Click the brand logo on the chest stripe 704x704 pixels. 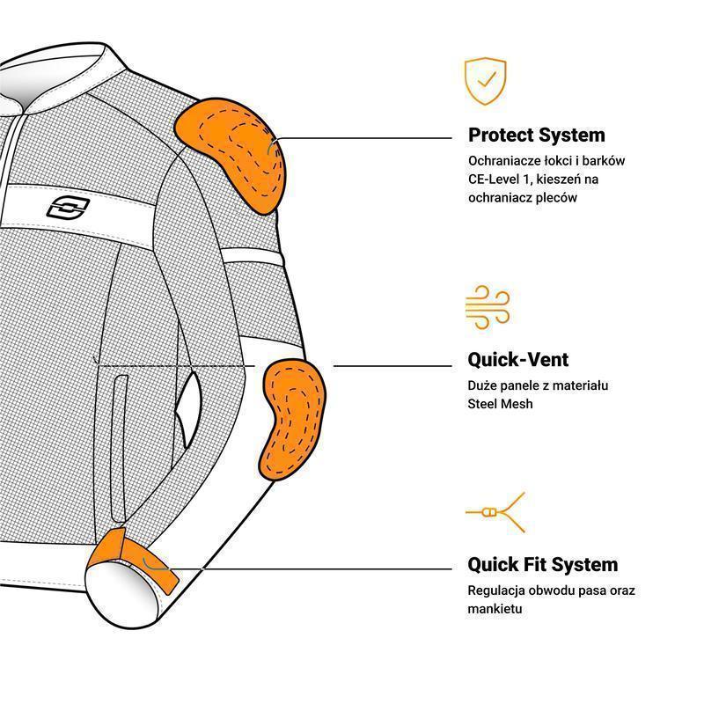tap(69, 209)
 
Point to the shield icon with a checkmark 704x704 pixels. tap(486, 81)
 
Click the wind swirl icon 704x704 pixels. tap(488, 306)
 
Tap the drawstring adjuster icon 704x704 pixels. tap(495, 512)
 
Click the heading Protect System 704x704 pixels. tap(537, 135)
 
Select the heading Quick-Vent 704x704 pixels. tap(518, 359)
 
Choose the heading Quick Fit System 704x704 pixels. tap(543, 564)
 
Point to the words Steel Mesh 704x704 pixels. tap(500, 404)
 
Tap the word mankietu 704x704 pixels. tap(495, 609)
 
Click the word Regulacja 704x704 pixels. tap(495, 590)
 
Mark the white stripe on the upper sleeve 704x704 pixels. tap(253, 256)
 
